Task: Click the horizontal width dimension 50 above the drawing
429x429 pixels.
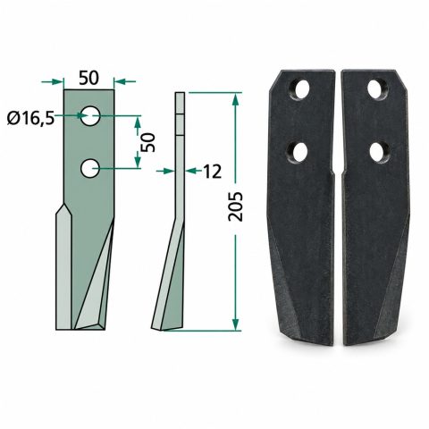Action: [88, 78]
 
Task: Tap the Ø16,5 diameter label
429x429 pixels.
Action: [30, 119]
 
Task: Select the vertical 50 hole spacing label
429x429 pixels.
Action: [148, 142]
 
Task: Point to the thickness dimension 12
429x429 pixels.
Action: [213, 172]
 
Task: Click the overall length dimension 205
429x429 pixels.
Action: [235, 206]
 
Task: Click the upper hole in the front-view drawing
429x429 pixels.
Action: [90, 115]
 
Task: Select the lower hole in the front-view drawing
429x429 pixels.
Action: [90, 169]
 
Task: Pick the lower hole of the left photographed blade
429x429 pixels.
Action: [298, 152]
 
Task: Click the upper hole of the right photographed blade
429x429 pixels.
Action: [378, 88]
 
